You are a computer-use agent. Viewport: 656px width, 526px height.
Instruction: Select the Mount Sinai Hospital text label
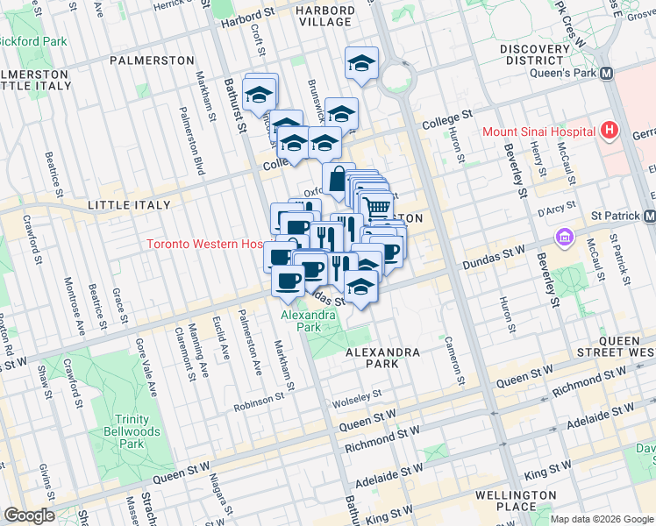(x=538, y=132)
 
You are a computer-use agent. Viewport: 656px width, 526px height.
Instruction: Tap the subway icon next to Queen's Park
(x=606, y=75)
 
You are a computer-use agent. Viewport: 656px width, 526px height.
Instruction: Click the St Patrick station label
(x=616, y=216)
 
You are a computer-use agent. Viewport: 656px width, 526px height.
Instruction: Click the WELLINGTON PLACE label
(x=516, y=501)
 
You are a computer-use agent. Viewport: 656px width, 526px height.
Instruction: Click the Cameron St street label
(x=455, y=360)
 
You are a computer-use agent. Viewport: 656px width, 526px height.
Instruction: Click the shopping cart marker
(x=376, y=207)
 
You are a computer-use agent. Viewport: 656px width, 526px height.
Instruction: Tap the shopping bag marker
(x=338, y=178)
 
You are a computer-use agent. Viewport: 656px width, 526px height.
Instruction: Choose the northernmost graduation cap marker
(x=360, y=62)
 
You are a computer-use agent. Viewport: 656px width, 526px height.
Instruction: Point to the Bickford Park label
(x=33, y=41)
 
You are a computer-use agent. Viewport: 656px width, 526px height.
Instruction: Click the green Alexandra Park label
(x=308, y=320)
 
